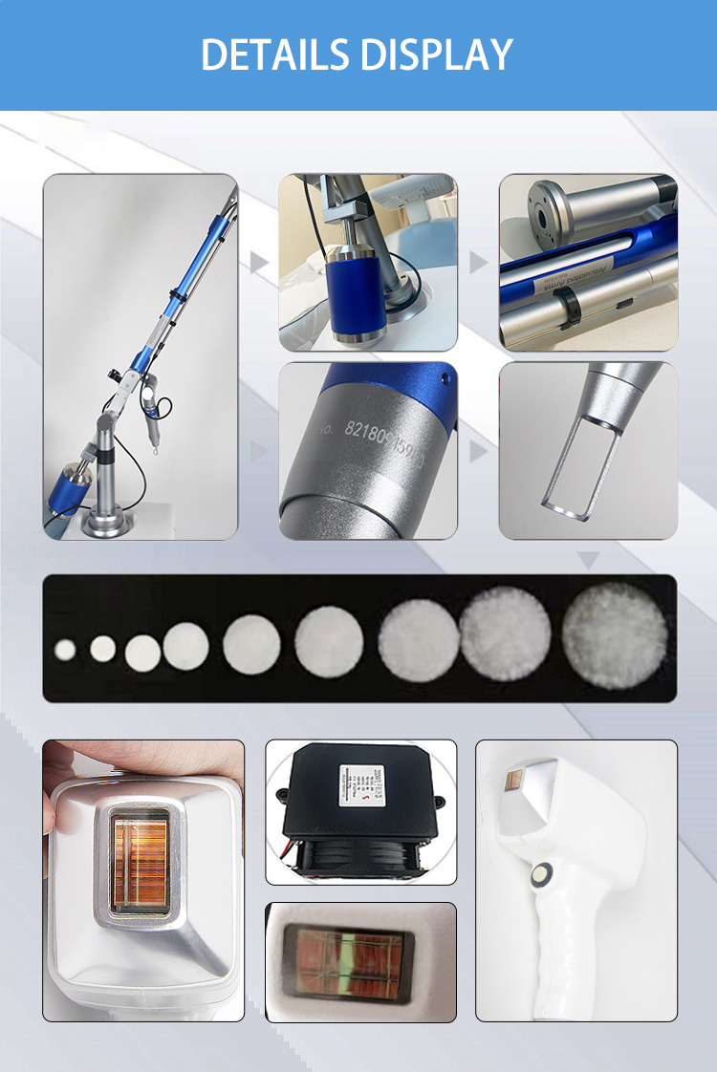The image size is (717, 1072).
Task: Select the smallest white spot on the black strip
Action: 65,650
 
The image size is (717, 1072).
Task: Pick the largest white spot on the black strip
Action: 614,636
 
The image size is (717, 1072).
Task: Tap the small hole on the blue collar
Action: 442,376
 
